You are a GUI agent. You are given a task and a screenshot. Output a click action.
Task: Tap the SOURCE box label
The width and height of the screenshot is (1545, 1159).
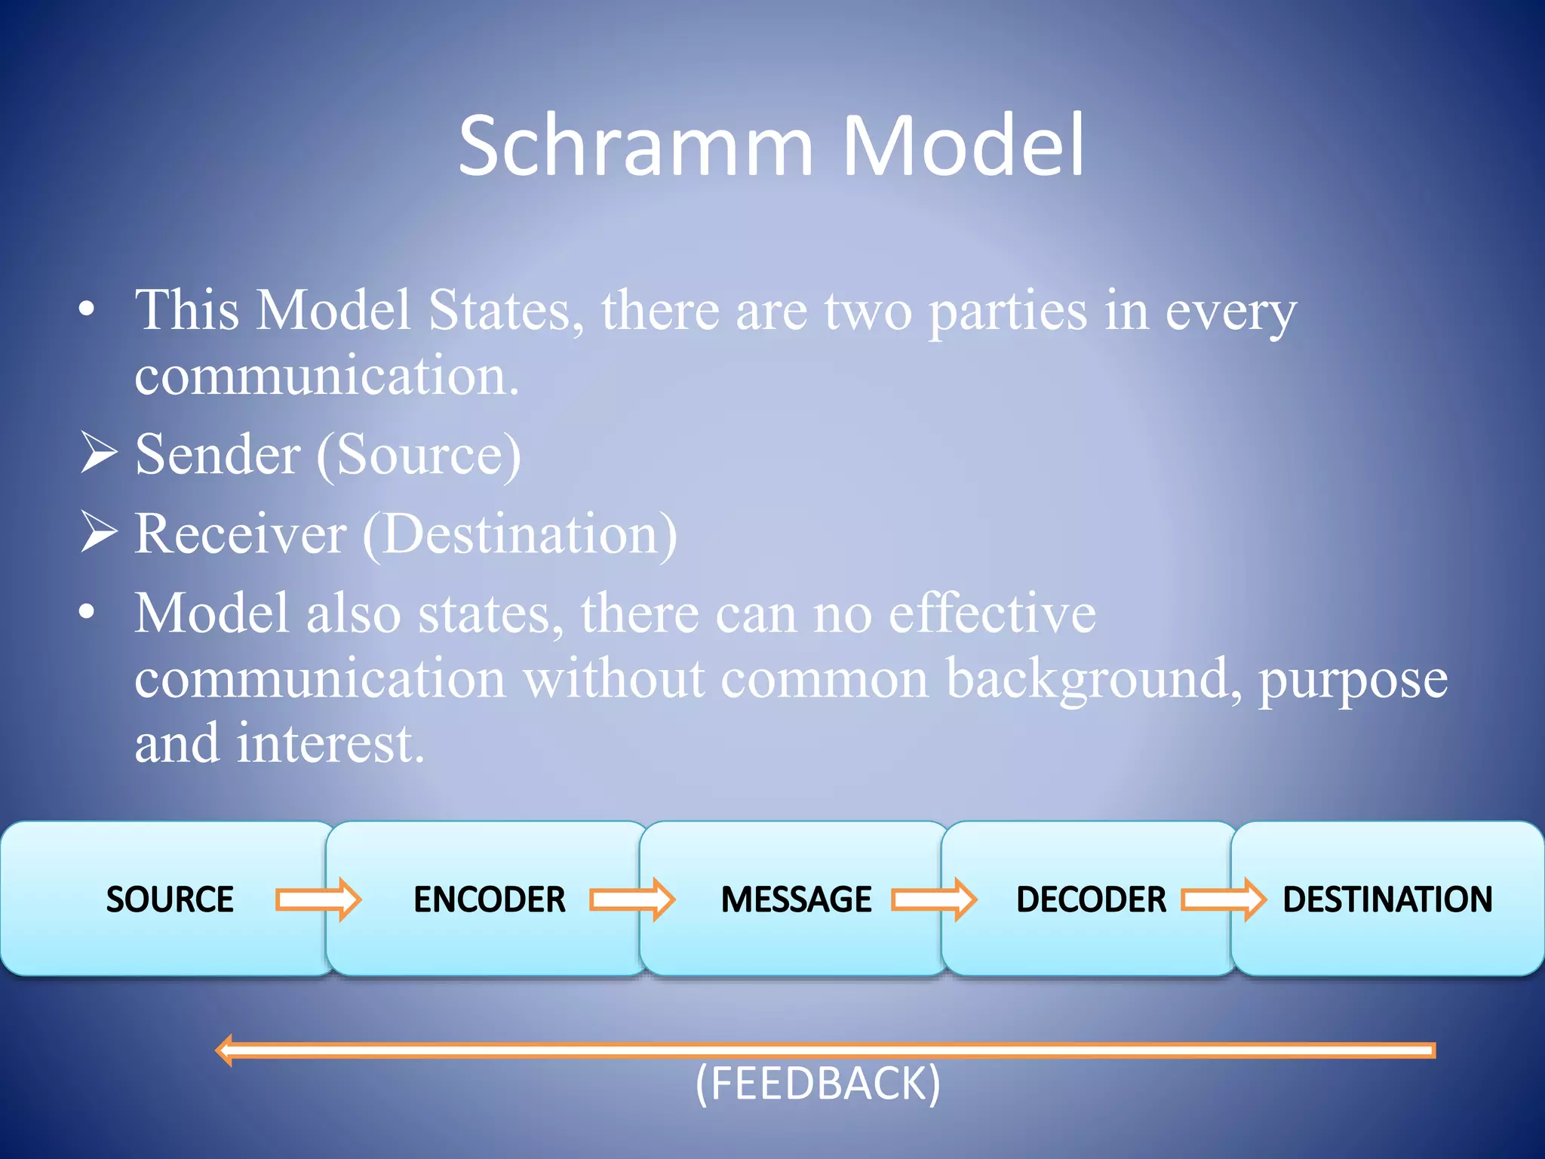(170, 899)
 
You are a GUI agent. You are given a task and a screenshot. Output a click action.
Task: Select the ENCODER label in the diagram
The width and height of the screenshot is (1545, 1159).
(490, 899)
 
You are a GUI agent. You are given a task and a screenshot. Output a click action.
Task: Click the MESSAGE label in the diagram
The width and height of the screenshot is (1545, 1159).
(796, 899)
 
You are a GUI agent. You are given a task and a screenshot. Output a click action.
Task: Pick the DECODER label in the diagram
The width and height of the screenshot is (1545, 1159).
(1091, 899)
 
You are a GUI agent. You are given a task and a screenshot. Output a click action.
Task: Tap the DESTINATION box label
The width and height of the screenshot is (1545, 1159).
(1387, 899)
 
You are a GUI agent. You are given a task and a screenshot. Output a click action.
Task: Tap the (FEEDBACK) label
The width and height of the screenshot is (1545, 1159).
(818, 1084)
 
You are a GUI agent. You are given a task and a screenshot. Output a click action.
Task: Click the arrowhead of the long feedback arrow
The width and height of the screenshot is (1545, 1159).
(225, 1050)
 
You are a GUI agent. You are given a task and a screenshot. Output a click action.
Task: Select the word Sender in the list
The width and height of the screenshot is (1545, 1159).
(217, 455)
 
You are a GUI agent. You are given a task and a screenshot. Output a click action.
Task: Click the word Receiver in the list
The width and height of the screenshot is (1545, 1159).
(240, 534)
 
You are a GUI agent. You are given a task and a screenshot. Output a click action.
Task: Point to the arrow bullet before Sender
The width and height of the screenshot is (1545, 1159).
(98, 453)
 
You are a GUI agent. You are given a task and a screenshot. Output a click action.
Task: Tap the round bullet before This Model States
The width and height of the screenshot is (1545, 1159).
(88, 310)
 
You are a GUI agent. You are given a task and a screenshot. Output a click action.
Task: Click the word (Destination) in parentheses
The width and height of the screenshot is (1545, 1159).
(520, 534)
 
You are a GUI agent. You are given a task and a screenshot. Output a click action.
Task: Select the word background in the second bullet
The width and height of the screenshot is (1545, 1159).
(1093, 679)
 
